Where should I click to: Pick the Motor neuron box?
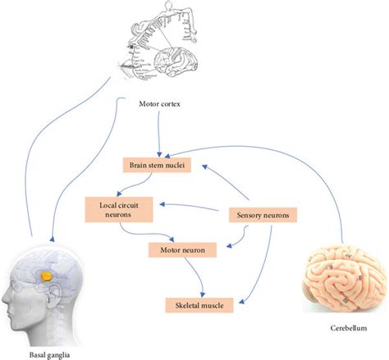point(182,249)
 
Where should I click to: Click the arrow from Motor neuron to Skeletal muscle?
point(194,276)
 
